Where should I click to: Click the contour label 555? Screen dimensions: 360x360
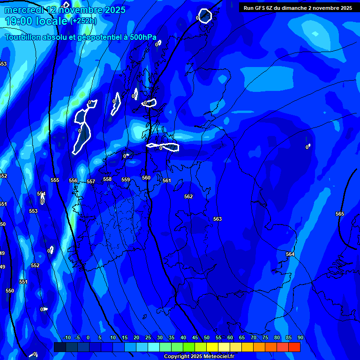[x=55, y=180]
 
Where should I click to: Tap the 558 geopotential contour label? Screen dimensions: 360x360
[x=107, y=179]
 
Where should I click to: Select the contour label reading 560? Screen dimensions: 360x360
[x=146, y=178]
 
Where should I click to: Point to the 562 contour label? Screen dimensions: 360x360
[x=188, y=196]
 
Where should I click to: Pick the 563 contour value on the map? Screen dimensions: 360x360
[x=217, y=219]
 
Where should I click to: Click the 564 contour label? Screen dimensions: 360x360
[x=290, y=254]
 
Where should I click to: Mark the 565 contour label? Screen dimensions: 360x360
[x=340, y=214]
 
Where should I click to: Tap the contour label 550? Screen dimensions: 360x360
[x=10, y=291]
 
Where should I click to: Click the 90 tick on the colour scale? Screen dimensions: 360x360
[x=300, y=337]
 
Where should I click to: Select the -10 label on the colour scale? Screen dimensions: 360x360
[x=67, y=337]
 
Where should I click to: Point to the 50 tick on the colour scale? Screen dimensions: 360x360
[x=207, y=337]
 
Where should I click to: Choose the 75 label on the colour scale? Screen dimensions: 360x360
[x=265, y=337]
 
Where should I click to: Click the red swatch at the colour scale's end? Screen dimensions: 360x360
[x=294, y=347]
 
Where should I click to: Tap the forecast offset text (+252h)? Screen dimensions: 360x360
[x=83, y=21]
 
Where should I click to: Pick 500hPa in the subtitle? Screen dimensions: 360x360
[x=142, y=37]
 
